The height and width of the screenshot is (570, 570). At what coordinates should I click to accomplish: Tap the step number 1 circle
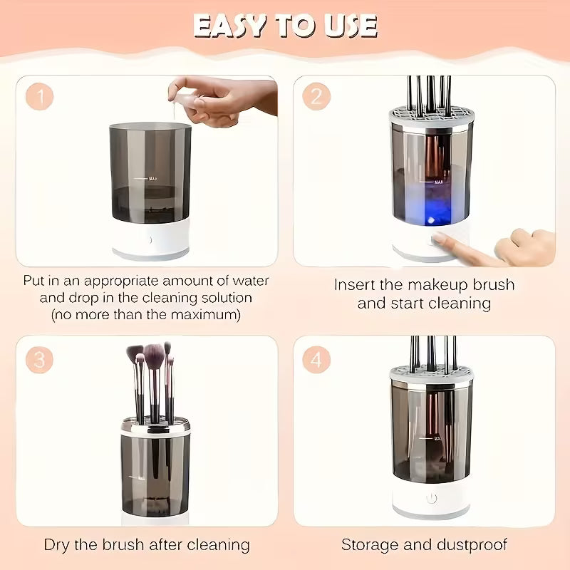point(39,96)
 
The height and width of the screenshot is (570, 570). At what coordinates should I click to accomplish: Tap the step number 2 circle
point(316,96)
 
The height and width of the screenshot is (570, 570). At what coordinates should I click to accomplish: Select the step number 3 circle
point(39,359)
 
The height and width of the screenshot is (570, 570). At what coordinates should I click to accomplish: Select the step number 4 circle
point(316,359)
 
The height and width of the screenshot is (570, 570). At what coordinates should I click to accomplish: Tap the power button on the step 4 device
point(431,499)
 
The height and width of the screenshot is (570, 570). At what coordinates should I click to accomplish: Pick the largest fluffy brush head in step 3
point(154,353)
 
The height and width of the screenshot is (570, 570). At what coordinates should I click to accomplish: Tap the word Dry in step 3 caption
point(58,545)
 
